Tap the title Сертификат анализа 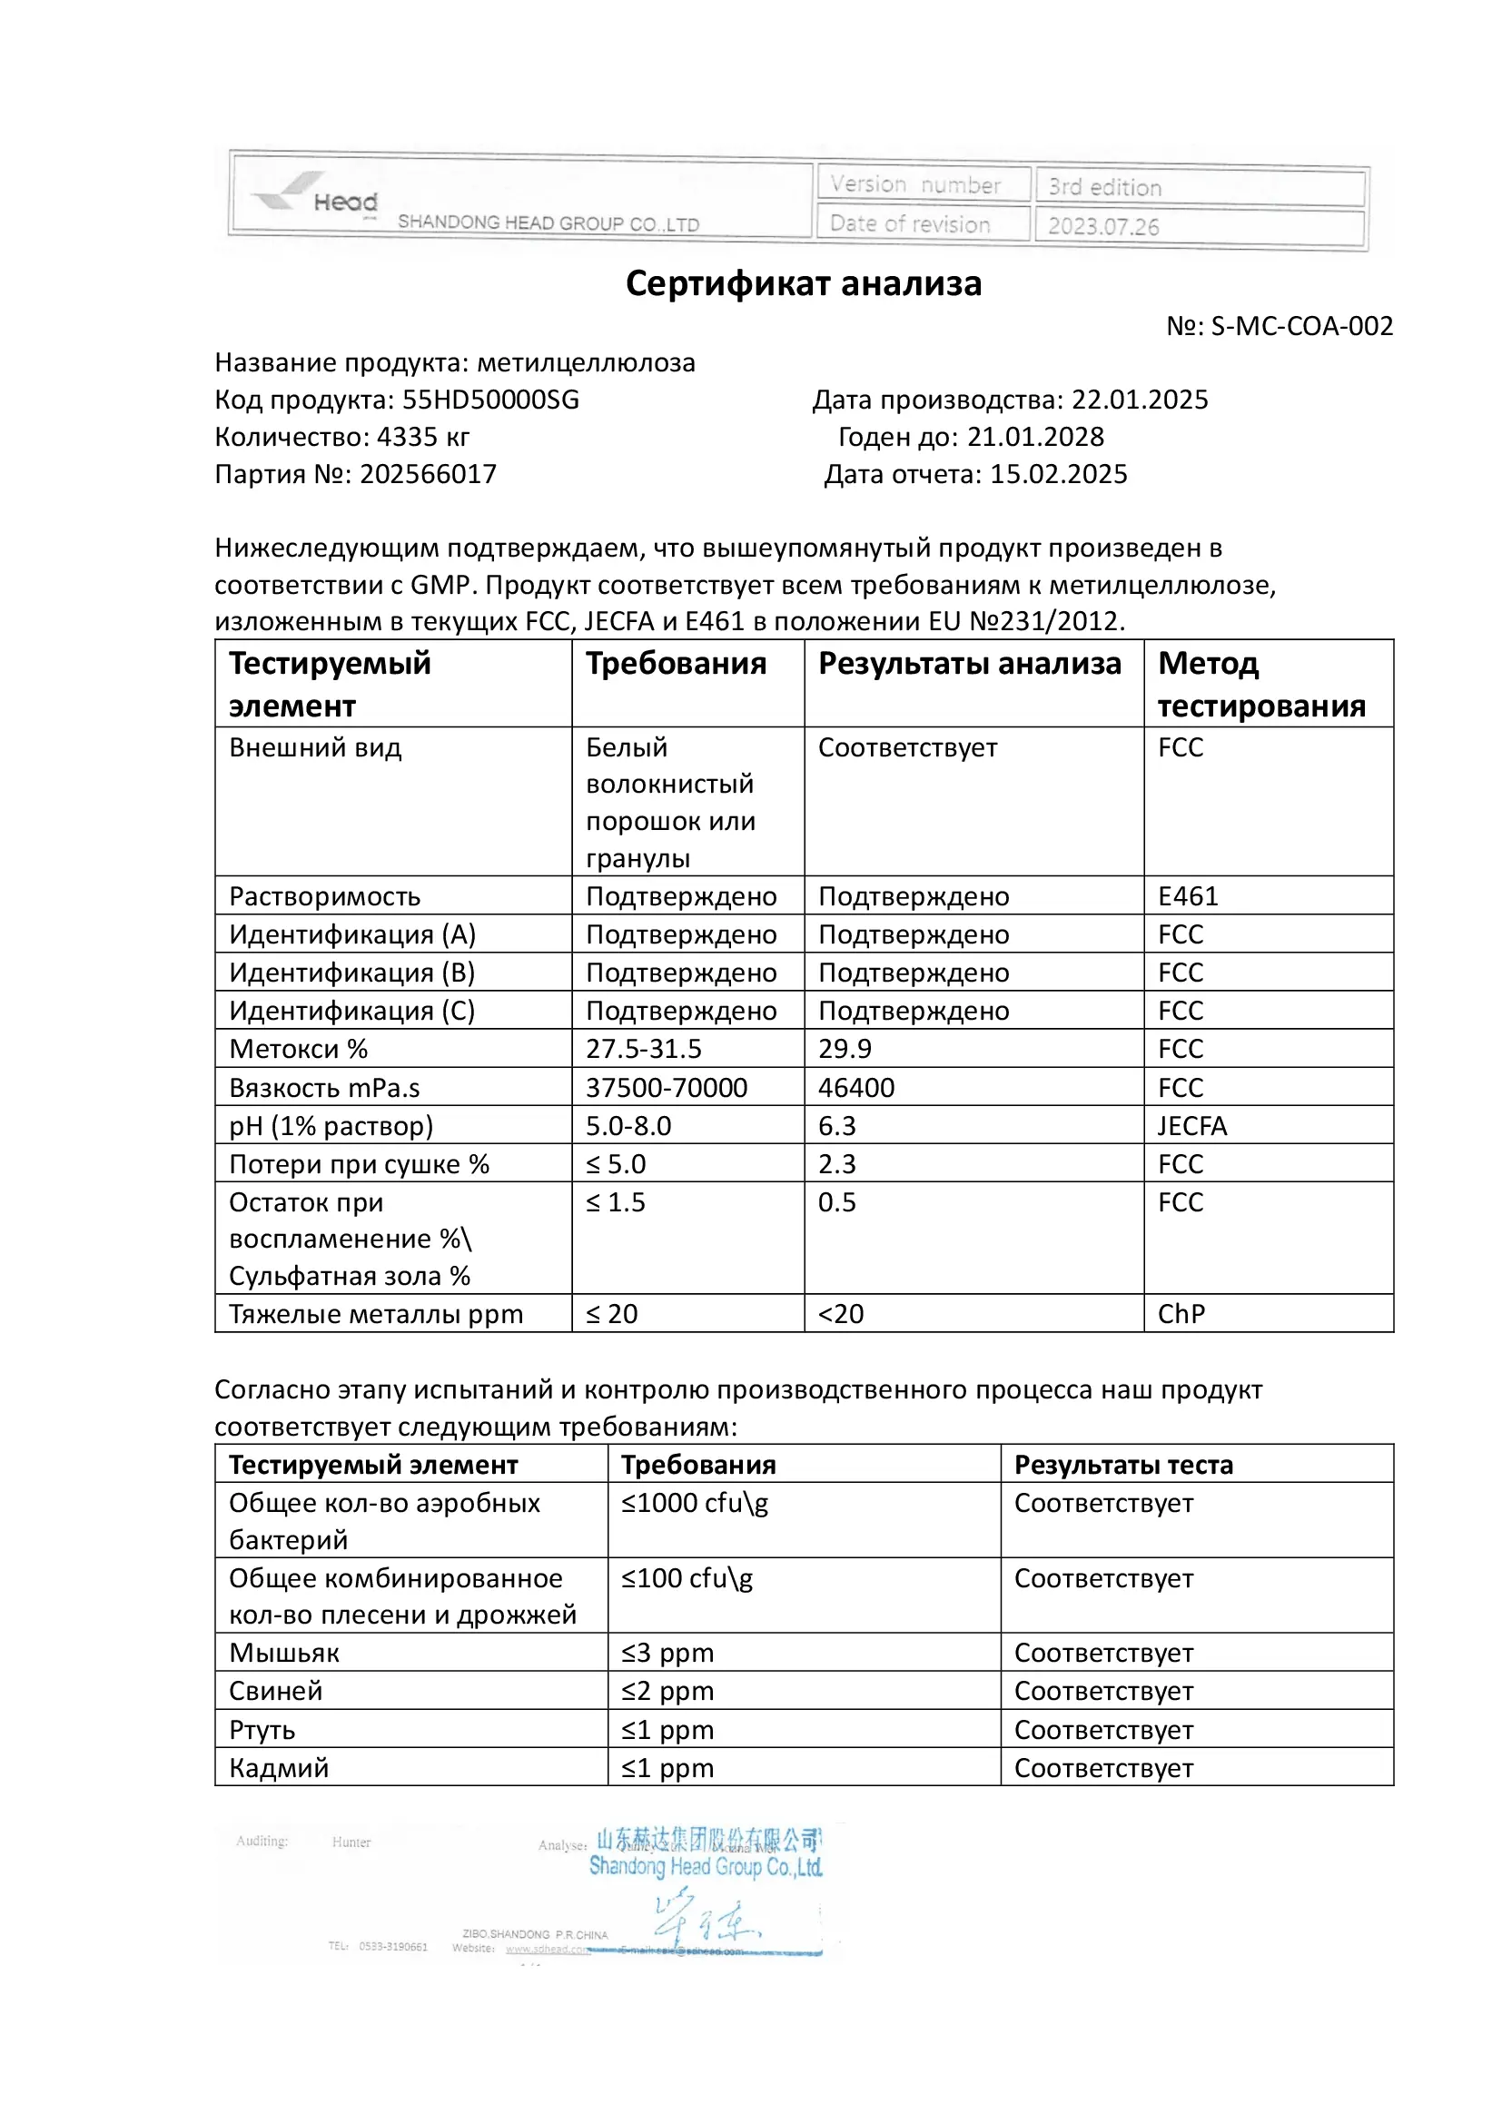tap(803, 283)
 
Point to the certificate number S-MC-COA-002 tap(1301, 326)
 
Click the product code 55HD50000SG tap(490, 400)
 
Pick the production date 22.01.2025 tap(1140, 400)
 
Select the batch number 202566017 tap(429, 474)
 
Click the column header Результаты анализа tap(969, 663)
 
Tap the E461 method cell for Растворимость tap(1189, 895)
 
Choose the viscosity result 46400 tap(856, 1087)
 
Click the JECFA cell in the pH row tap(1192, 1126)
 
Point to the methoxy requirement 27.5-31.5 tap(644, 1048)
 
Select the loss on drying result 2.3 tap(837, 1164)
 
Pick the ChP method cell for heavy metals tap(1181, 1314)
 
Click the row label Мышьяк tap(284, 1652)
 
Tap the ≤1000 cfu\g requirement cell tap(695, 1502)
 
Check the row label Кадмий tap(279, 1768)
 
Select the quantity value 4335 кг tap(422, 437)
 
